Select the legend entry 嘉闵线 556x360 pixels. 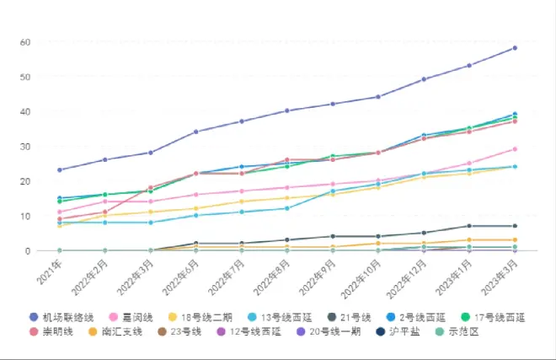(135, 317)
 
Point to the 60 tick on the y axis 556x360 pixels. (25, 42)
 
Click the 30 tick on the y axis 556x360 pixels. (25, 147)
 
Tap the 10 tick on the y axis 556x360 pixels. (25, 216)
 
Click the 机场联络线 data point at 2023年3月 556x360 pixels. (515, 48)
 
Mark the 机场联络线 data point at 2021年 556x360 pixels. (60, 170)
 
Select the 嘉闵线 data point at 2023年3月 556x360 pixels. (515, 149)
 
